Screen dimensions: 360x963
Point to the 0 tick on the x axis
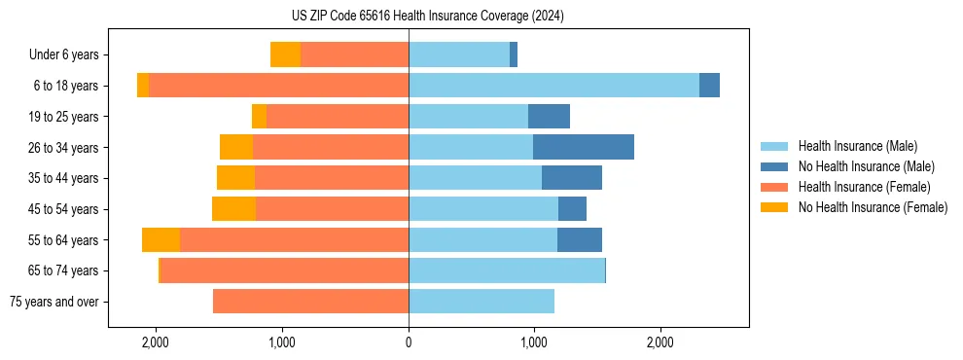tap(409, 342)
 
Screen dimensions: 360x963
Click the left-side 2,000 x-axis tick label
tap(157, 342)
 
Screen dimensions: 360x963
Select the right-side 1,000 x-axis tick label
tap(534, 342)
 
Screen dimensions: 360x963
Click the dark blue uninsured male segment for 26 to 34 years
tap(584, 147)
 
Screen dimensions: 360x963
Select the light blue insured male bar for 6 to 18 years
tap(553, 86)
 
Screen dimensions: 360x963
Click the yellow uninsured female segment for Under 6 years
tap(285, 54)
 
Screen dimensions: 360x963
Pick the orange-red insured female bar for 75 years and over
tap(310, 302)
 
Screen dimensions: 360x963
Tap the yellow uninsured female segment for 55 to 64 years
tap(160, 239)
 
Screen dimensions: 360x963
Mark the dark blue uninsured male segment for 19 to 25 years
tap(549, 117)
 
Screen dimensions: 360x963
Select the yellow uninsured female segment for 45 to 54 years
tap(233, 209)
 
